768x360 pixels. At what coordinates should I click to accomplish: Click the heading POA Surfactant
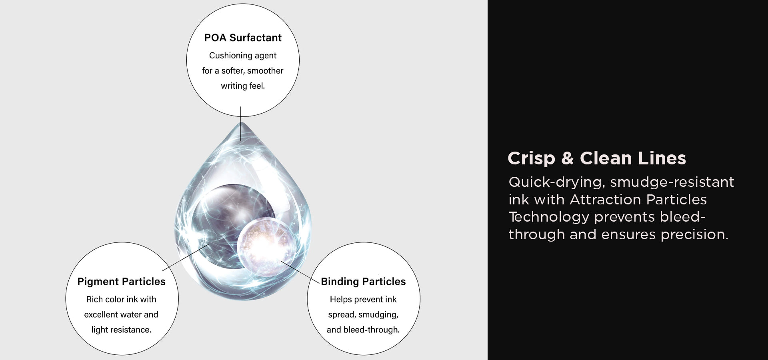[243, 38]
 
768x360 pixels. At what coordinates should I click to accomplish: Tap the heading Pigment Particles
[121, 282]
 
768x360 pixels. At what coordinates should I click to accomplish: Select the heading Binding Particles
[363, 282]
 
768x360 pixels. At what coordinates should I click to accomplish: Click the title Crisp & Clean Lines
[597, 158]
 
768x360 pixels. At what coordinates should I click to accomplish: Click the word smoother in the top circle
[265, 71]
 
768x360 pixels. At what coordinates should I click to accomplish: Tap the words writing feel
[243, 86]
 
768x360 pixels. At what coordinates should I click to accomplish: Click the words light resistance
[121, 330]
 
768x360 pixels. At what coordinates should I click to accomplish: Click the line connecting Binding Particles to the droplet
[300, 272]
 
